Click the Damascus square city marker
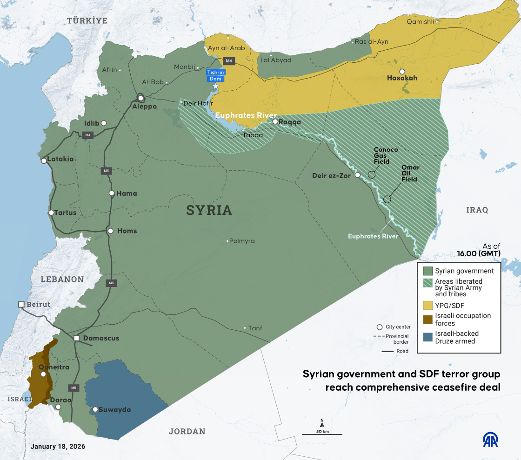[76, 338]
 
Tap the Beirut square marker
[21, 304]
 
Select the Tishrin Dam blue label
[215, 76]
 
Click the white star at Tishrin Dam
[215, 87]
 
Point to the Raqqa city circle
[275, 122]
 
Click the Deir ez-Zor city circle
[358, 175]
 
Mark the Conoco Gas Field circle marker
[372, 174]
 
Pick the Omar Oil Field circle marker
[387, 199]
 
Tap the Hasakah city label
[402, 78]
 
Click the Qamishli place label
[420, 21]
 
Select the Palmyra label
[242, 241]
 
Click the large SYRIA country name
[209, 210]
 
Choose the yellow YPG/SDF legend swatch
[428, 305]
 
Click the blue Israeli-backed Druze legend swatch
[428, 337]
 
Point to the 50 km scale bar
[322, 434]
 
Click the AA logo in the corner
[491, 440]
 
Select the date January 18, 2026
[58, 447]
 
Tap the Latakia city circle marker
[44, 161]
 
